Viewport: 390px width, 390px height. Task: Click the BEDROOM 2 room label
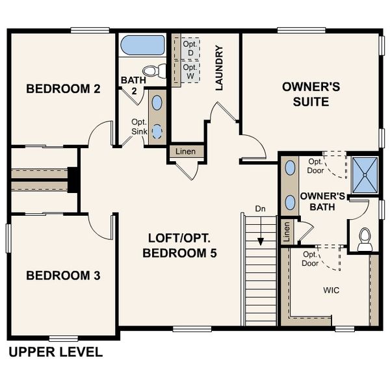[x=63, y=89]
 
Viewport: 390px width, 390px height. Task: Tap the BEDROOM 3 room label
[x=63, y=276]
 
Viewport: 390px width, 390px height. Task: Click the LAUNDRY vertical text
[x=219, y=68]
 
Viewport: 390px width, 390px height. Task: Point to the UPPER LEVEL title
[x=55, y=352]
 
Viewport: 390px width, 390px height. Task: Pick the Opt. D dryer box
[x=190, y=47]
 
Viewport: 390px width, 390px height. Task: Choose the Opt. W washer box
[x=190, y=71]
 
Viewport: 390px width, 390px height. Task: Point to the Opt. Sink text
[x=139, y=127]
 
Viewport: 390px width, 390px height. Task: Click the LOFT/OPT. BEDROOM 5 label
[x=179, y=245]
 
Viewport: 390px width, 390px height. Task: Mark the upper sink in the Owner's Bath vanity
[x=289, y=168]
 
